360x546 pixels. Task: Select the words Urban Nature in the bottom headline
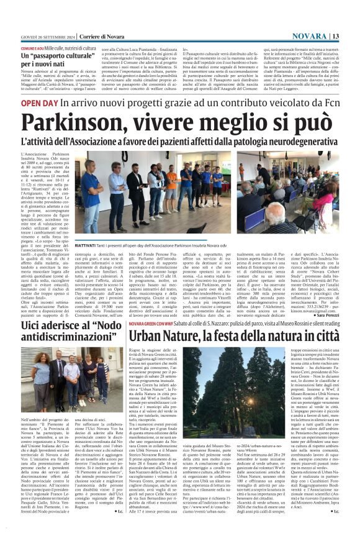(x=164, y=335)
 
